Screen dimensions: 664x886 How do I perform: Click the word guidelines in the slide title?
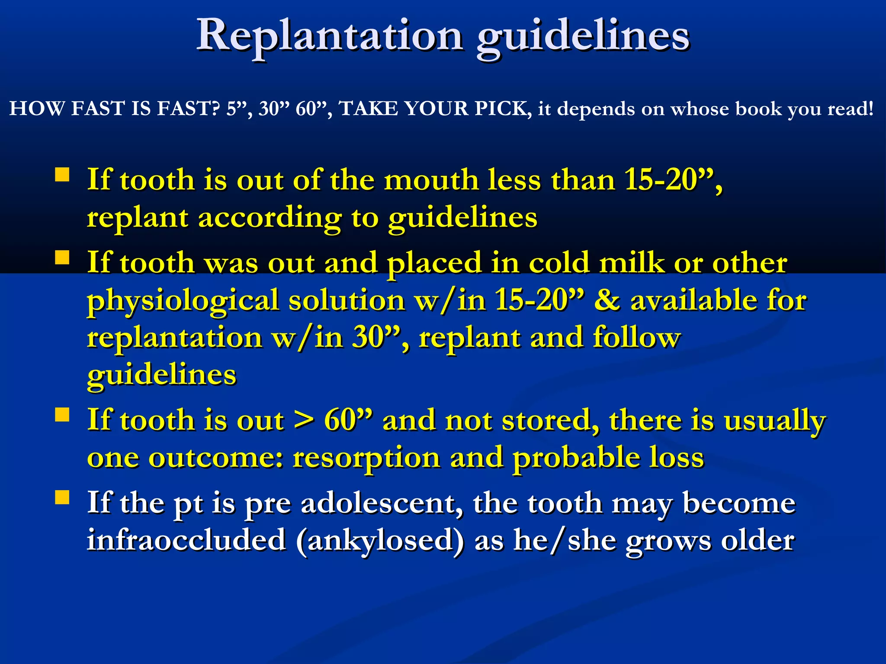pyautogui.click(x=583, y=37)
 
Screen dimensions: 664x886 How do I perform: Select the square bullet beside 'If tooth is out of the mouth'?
pyautogui.click(x=62, y=175)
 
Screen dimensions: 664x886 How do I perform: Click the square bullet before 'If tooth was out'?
pyautogui.click(x=62, y=258)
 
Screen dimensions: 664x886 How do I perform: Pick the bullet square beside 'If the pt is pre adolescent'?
pyautogui.click(x=62, y=498)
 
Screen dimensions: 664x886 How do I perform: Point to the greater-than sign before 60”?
pyautogui.click(x=304, y=420)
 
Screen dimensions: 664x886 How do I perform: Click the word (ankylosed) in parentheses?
pyautogui.click(x=380, y=540)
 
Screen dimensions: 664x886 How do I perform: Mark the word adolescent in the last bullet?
pyautogui.click(x=381, y=503)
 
